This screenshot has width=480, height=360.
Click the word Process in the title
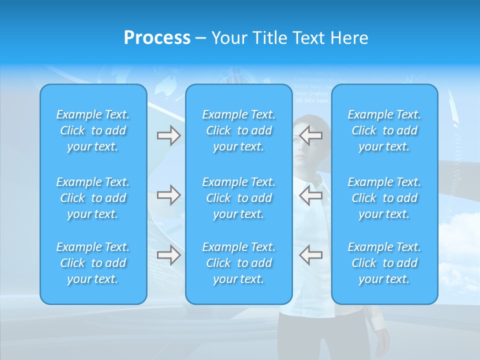click(x=157, y=38)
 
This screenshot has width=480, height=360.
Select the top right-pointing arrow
click(x=168, y=135)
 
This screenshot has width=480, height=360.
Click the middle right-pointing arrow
click(x=168, y=195)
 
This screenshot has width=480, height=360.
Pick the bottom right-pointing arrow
click(x=168, y=255)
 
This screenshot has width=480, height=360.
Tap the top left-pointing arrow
click(x=310, y=135)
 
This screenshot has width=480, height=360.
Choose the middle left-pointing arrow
click(x=310, y=195)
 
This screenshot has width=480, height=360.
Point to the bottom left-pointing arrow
click(x=310, y=255)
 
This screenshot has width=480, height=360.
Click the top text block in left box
click(x=93, y=130)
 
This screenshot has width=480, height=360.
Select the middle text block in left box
click(x=93, y=198)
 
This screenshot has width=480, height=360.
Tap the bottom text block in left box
click(x=93, y=263)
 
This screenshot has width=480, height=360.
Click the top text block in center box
click(x=238, y=130)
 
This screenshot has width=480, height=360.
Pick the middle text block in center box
click(x=238, y=198)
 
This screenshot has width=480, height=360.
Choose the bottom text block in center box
click(x=238, y=263)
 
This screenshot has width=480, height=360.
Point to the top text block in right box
click(x=384, y=130)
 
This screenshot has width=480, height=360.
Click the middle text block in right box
click(x=384, y=198)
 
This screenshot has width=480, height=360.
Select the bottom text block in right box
click(x=384, y=263)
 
